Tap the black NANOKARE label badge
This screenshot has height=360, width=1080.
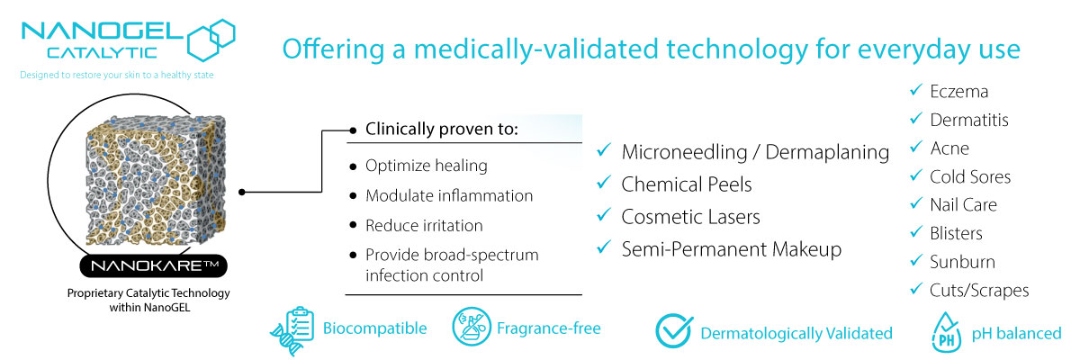153,265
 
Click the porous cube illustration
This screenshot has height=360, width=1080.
155,180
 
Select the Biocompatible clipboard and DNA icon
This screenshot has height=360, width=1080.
292,330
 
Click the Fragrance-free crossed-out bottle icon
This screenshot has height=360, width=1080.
471,327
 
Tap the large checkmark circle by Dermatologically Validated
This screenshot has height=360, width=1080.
673,330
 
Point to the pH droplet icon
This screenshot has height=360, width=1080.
946,332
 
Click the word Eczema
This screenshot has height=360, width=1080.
959,92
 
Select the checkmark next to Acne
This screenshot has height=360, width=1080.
915,147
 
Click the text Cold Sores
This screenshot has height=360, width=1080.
970,177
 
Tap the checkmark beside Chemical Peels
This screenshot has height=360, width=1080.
604,183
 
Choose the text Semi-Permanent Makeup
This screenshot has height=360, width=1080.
732,249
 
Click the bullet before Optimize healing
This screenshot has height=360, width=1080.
353,166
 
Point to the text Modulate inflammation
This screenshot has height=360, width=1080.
449,195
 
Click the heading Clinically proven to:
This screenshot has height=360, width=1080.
442,130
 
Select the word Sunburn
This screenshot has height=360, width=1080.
962,262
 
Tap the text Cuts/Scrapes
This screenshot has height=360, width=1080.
979,291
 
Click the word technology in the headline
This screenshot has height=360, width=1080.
737,49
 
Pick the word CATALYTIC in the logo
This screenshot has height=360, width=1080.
103,52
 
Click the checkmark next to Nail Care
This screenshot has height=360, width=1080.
915,203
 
